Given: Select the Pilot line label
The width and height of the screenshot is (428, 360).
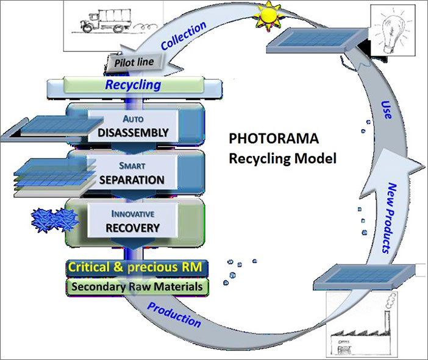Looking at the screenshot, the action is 134,63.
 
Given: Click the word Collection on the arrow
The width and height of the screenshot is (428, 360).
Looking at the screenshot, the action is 184,35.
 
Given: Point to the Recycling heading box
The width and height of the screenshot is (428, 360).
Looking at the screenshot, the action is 134,85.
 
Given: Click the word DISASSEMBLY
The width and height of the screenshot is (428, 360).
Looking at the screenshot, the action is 133,133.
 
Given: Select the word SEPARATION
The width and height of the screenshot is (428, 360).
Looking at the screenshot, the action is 132,180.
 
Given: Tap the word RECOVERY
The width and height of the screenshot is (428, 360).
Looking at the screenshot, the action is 133,228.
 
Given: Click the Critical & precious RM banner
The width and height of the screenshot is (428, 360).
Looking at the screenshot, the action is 137,267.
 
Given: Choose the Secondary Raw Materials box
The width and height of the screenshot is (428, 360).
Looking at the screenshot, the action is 137,287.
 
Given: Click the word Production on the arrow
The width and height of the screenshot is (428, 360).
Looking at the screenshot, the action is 174,315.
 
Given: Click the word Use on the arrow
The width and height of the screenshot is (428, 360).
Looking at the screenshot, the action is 387,110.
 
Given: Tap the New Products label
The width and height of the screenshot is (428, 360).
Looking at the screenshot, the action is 390,218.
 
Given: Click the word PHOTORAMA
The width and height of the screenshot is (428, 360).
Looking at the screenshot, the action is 274,138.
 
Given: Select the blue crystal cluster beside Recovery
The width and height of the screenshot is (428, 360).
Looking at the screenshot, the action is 55,221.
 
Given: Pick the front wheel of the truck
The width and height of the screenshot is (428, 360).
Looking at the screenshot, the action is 87,27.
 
